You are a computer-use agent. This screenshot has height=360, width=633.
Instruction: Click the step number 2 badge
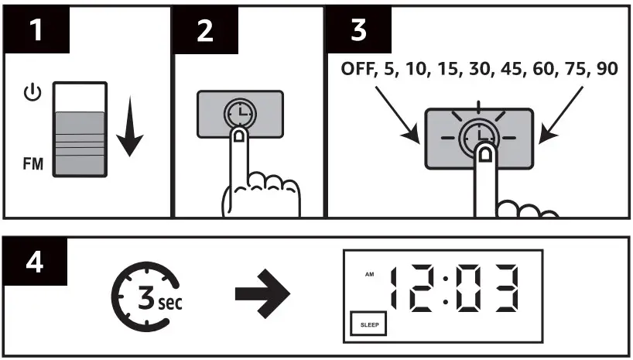pos(204,30)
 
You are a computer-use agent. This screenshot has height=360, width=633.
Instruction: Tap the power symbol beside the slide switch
pos(31,94)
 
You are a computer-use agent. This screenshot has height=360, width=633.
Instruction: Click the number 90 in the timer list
pos(606,69)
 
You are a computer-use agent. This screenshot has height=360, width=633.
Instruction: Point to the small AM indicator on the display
pos(369,275)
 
